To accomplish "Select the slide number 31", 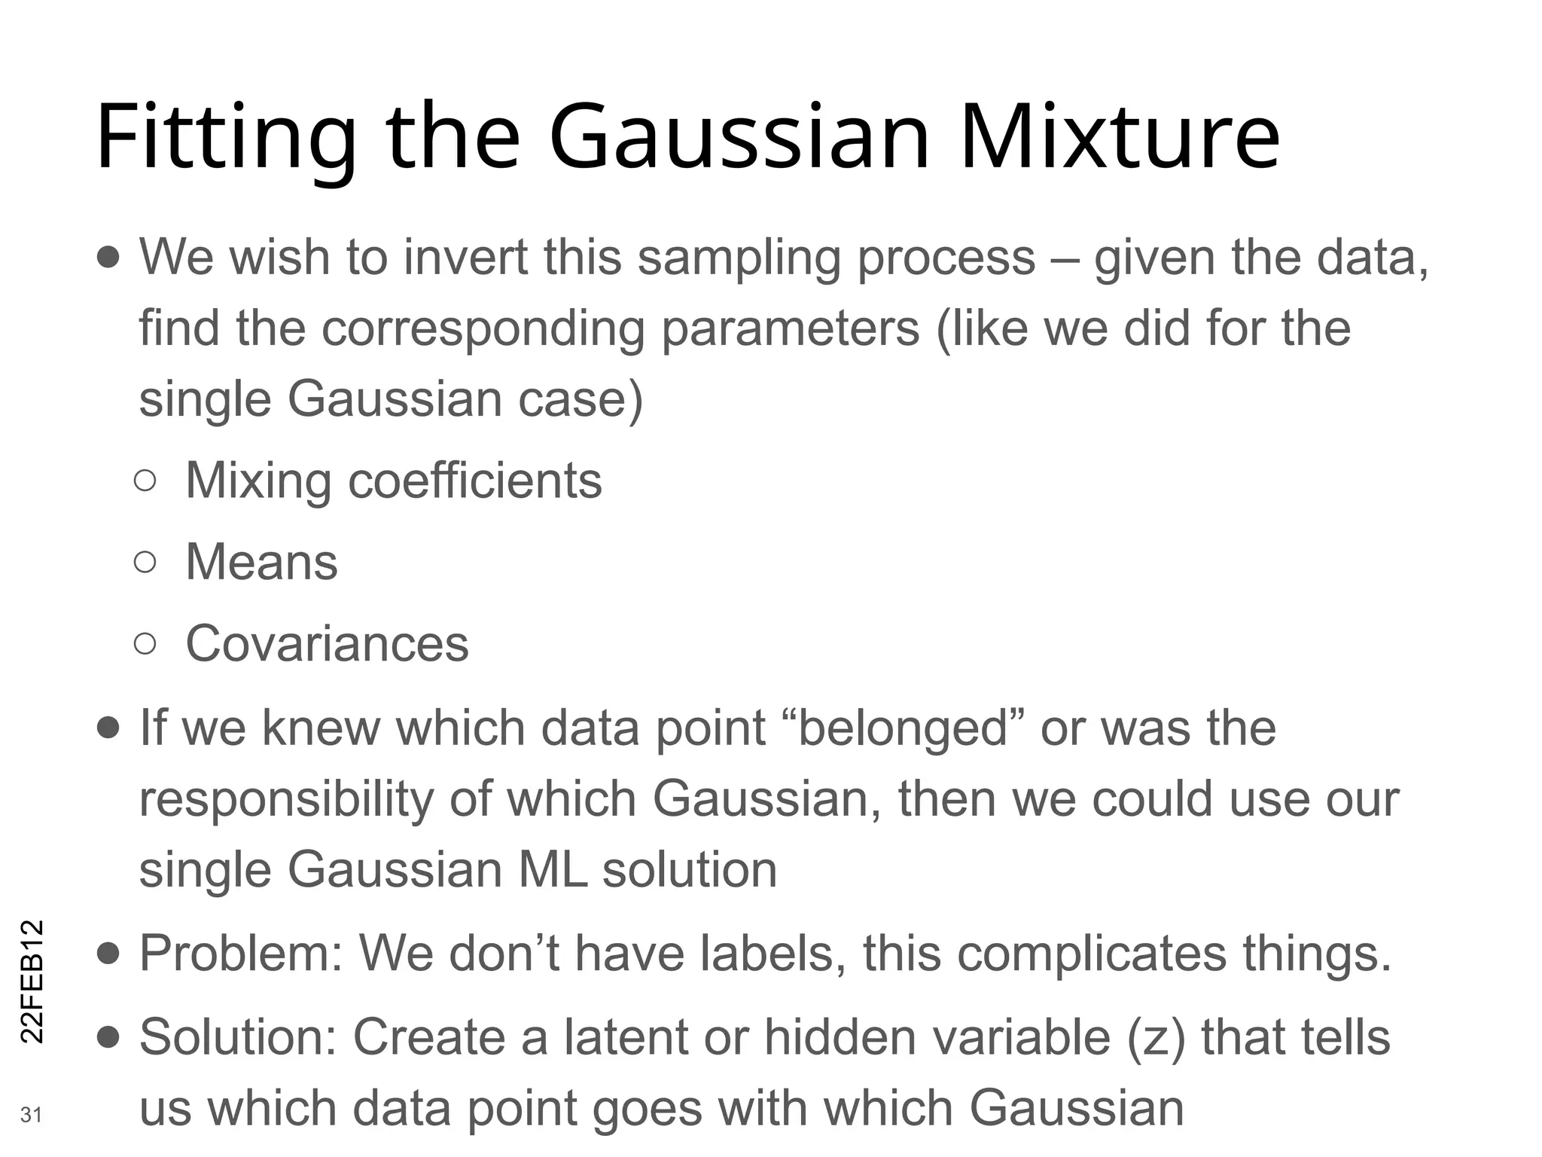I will [x=31, y=1115].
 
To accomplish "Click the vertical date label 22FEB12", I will [x=32, y=981].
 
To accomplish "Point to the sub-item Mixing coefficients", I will [x=393, y=481].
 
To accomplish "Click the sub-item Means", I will [x=261, y=562].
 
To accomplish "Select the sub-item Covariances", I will [x=327, y=643].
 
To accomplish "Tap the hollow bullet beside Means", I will [x=145, y=562].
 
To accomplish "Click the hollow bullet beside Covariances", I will [x=145, y=643].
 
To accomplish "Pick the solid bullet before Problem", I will [x=108, y=954].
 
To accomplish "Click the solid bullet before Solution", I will [x=108, y=1038].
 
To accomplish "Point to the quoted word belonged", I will [x=903, y=728].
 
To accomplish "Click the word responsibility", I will [x=286, y=799].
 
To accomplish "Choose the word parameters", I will [x=790, y=329].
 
